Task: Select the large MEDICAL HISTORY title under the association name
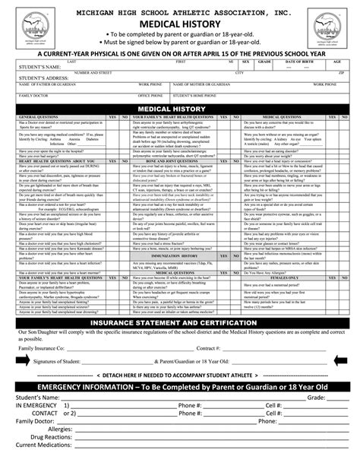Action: pyautogui.click(x=179, y=24)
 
